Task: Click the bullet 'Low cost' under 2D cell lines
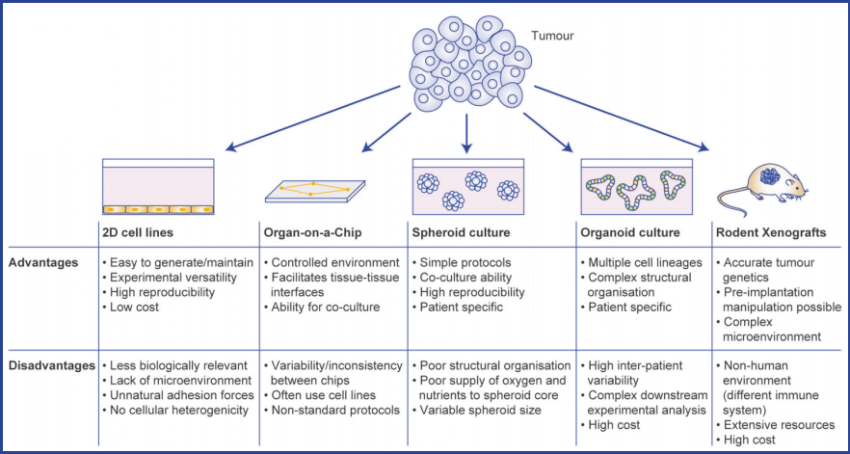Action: (136, 307)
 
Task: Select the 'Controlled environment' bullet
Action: (321, 262)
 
